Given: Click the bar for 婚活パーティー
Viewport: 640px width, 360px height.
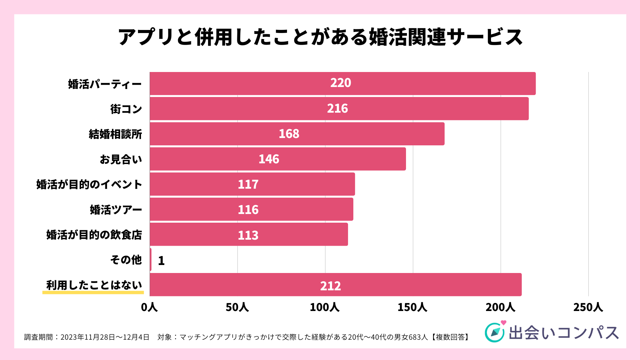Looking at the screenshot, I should click(x=342, y=83).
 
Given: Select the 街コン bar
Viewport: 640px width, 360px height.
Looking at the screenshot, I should click(x=339, y=109).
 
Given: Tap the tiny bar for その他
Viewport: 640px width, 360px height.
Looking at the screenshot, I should click(x=151, y=260).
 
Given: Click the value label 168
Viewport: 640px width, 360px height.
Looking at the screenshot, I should click(x=289, y=134).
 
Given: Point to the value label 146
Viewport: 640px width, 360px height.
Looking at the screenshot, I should click(x=269, y=159).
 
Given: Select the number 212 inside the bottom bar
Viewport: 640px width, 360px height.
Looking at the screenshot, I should click(x=330, y=286).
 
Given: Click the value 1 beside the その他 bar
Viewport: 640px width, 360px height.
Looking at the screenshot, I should click(x=161, y=261).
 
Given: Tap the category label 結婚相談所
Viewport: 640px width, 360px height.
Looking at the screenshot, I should click(x=115, y=134).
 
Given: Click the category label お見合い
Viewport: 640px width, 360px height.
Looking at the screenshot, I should click(x=121, y=159).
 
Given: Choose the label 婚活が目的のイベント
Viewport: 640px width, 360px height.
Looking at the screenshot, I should click(x=89, y=184).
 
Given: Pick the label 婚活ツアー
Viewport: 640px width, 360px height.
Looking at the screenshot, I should click(x=116, y=210).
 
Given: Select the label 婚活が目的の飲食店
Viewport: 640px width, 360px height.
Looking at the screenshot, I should click(x=94, y=235).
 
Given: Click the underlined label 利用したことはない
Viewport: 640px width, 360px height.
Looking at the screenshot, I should click(x=94, y=285).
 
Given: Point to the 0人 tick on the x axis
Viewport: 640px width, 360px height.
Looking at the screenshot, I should click(x=149, y=307).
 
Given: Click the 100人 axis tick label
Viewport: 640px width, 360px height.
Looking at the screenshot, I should click(x=325, y=307).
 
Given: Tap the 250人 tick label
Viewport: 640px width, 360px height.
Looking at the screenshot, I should click(x=588, y=307).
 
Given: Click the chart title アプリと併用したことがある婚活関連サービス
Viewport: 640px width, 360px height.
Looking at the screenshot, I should click(x=320, y=37).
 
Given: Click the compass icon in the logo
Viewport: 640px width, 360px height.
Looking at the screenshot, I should click(x=495, y=332).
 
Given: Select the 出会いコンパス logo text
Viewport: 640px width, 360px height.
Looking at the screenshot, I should click(x=564, y=333).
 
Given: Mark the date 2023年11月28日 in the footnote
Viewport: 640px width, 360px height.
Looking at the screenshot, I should click(x=88, y=337).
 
